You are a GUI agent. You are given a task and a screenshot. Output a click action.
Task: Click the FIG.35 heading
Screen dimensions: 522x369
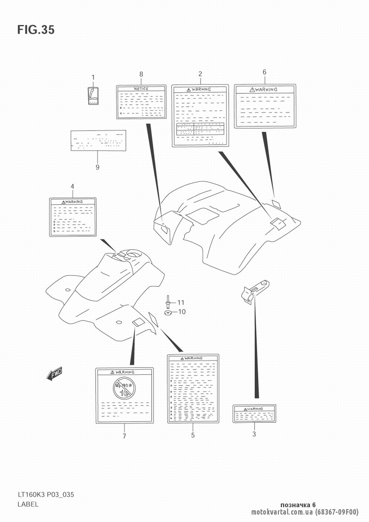coord(36,30)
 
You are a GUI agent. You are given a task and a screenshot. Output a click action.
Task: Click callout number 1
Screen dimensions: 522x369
coord(93,77)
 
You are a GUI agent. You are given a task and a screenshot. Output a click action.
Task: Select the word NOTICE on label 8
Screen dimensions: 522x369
coord(141,89)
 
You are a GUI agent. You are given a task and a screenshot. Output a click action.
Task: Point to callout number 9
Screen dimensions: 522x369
coord(97,167)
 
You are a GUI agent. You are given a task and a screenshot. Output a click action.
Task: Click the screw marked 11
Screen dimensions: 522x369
coord(168,302)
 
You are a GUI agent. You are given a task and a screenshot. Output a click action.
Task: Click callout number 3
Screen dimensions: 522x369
coord(254,434)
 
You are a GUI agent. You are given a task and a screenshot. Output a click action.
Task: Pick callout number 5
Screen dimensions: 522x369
coord(193,435)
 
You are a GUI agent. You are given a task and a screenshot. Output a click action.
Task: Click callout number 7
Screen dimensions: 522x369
coord(124,436)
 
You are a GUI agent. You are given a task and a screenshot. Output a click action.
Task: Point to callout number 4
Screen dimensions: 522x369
coord(72,186)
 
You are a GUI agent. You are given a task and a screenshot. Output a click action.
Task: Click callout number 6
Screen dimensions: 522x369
coord(264,72)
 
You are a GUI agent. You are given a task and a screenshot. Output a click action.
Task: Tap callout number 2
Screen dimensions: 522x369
coord(200,73)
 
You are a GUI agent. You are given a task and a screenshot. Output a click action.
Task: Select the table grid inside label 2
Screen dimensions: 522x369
coord(200,130)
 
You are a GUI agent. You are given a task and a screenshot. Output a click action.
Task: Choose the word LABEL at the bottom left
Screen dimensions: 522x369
coord(28,504)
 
